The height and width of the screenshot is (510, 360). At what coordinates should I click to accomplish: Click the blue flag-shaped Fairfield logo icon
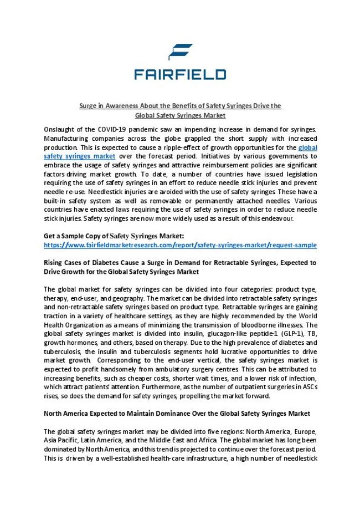pos(181,52)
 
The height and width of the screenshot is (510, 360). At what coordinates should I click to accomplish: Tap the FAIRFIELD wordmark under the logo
pos(180,74)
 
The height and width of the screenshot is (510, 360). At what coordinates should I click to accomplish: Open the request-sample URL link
pos(180,245)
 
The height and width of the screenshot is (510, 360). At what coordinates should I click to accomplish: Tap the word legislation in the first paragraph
pos(299,174)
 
